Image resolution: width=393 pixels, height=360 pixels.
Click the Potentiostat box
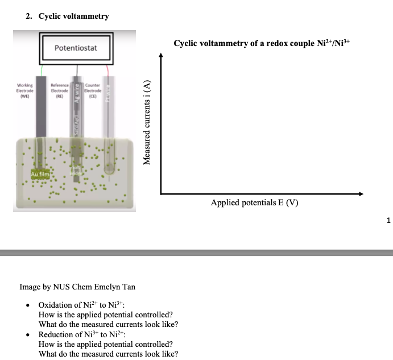tap(76, 48)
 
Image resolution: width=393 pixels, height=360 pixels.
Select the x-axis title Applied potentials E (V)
tap(254, 202)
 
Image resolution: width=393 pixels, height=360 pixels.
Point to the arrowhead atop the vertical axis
tap(161, 56)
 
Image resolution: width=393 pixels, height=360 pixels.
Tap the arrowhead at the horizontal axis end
tap(360, 194)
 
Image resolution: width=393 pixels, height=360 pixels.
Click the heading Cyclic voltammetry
tap(73, 16)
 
